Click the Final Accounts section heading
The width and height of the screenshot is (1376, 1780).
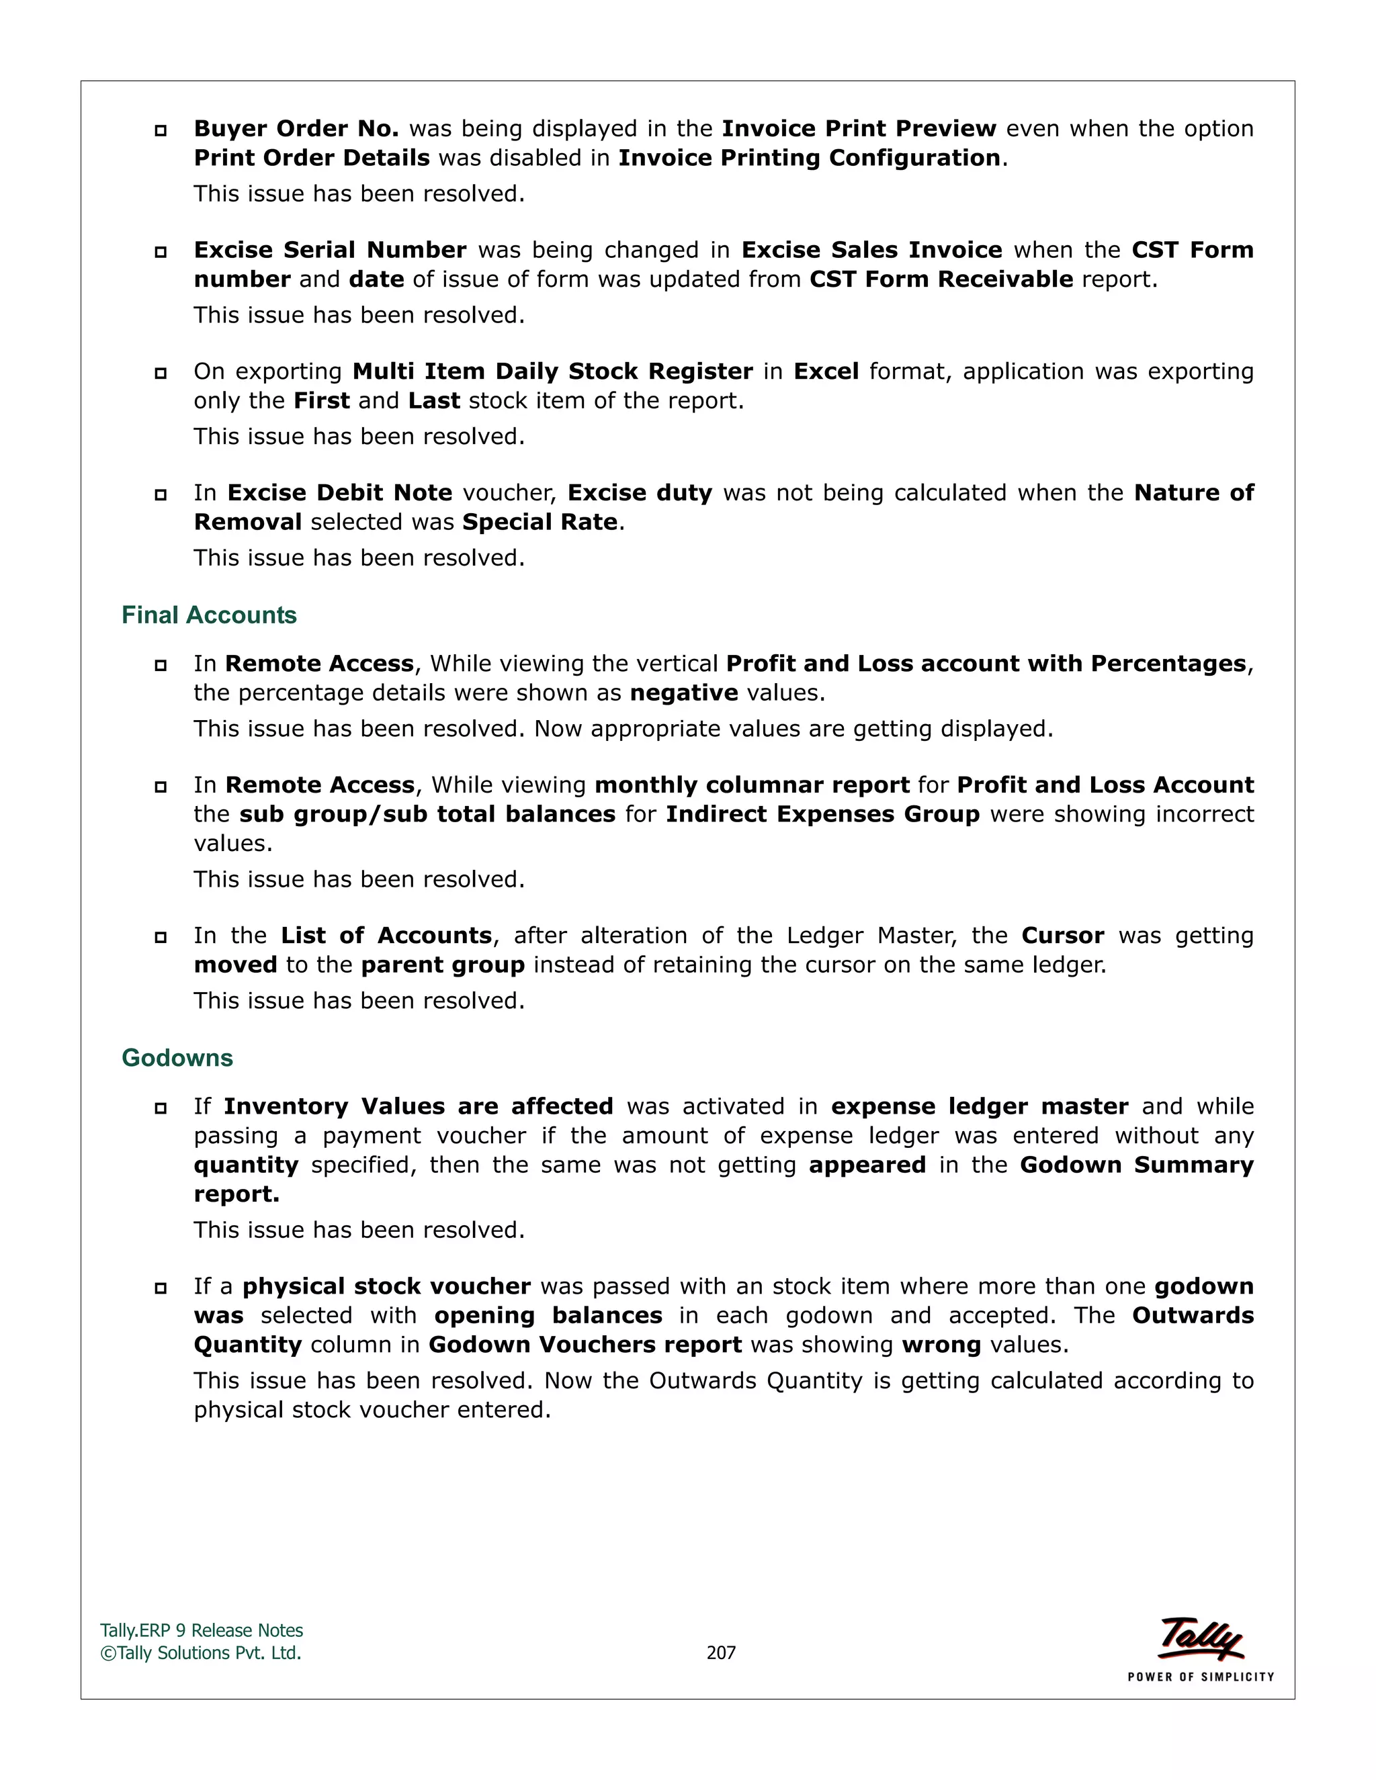[209, 615]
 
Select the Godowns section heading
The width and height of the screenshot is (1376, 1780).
[177, 1058]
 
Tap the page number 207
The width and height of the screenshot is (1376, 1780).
[721, 1653]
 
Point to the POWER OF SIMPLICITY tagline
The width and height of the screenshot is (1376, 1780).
[1200, 1677]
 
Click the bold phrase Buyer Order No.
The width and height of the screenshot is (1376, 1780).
[296, 129]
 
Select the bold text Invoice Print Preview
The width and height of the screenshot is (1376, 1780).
[859, 129]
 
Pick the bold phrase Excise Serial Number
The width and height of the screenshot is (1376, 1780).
[330, 251]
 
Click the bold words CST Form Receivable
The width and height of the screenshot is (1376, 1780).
[941, 279]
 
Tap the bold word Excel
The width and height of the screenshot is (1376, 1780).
[826, 371]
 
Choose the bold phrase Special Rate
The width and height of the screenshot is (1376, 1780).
[540, 523]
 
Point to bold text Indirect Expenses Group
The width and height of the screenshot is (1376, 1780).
[822, 814]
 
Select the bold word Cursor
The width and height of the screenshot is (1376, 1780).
[1062, 936]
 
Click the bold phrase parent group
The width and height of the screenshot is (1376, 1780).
[443, 965]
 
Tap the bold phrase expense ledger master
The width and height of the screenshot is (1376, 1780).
[979, 1107]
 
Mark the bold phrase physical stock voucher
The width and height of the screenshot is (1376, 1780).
[386, 1287]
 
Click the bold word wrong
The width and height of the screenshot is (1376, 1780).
[941, 1345]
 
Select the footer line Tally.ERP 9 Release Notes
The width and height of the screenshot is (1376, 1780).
[202, 1631]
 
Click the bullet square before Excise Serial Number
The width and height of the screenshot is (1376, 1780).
[161, 252]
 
